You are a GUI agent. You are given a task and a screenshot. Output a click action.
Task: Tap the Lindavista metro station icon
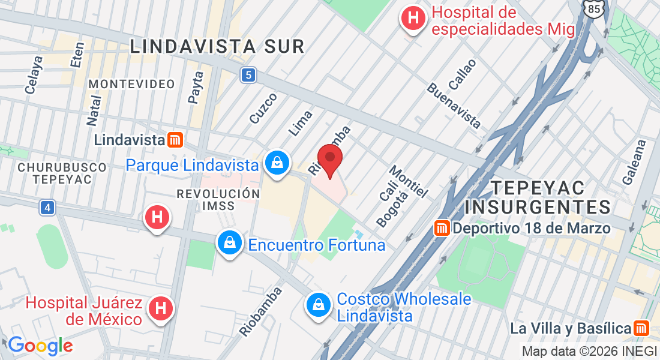click(x=175, y=140)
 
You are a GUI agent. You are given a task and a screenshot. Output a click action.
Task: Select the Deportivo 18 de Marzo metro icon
click(x=442, y=228)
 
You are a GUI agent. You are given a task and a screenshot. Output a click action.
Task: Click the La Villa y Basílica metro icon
click(x=641, y=328)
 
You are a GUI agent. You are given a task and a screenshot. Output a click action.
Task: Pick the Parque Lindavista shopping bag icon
click(x=278, y=163)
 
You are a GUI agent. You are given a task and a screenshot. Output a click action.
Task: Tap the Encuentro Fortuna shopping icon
click(x=229, y=244)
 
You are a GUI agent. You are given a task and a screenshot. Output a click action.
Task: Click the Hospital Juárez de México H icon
click(x=160, y=308)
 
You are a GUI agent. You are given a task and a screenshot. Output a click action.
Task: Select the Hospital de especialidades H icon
click(x=413, y=18)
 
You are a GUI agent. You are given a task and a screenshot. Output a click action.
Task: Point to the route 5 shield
click(x=249, y=75)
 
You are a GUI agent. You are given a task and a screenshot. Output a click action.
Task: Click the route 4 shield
click(x=47, y=208)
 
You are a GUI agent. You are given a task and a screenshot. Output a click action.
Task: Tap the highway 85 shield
click(x=592, y=8)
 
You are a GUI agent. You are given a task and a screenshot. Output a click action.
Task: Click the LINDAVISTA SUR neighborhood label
click(x=217, y=46)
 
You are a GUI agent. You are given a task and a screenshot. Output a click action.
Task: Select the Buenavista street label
click(x=454, y=106)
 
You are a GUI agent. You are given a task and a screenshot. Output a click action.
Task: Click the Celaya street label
click(x=35, y=75)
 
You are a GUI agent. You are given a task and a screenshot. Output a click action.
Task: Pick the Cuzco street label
click(x=263, y=108)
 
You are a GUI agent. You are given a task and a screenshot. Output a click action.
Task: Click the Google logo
click(x=40, y=346)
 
